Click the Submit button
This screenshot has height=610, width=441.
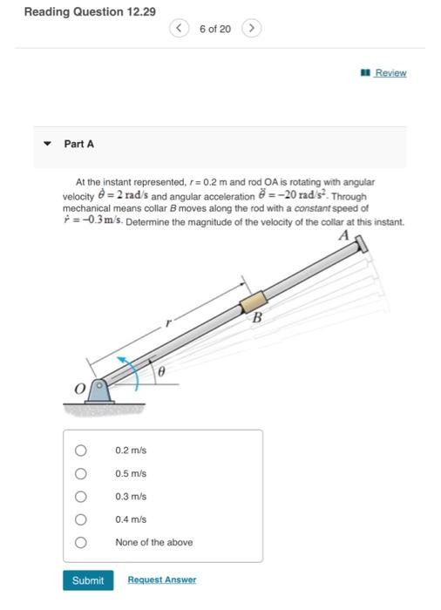point(88,580)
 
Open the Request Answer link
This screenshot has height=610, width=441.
point(162,579)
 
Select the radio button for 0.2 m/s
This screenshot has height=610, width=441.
point(80,451)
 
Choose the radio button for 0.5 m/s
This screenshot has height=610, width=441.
point(80,473)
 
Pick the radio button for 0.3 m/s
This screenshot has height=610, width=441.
point(80,497)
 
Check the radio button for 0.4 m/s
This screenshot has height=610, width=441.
point(80,519)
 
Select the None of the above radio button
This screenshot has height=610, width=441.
point(80,542)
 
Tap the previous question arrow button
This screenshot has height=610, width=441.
point(179,29)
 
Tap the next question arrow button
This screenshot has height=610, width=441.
point(252,29)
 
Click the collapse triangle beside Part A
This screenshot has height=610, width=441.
point(47,144)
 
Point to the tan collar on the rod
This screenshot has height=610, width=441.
point(253,302)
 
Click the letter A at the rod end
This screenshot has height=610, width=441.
point(344,235)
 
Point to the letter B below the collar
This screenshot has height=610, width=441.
point(257,318)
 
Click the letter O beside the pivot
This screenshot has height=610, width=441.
point(80,389)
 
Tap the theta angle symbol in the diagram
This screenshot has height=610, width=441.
point(161,372)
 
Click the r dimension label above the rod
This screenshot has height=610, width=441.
point(168,322)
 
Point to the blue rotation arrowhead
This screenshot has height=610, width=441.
point(123,359)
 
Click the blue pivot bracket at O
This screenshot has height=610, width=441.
point(99,392)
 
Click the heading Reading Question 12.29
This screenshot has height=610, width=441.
point(90,11)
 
